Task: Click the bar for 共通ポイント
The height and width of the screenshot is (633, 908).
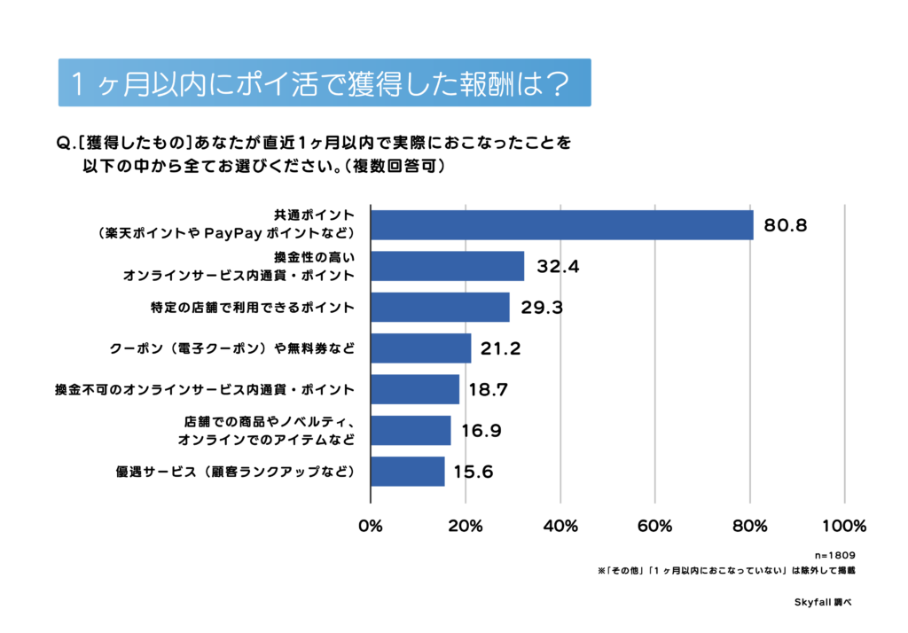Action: (561, 225)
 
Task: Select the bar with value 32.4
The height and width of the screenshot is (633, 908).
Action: (447, 266)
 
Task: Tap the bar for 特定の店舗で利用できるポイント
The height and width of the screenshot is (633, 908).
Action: (440, 308)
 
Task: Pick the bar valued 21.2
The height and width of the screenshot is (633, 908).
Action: (420, 348)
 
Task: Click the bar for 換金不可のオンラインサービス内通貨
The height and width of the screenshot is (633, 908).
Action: (415, 389)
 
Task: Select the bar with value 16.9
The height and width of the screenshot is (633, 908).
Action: (411, 430)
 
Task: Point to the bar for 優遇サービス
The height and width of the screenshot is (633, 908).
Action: (407, 472)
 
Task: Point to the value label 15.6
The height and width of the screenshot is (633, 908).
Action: (474, 472)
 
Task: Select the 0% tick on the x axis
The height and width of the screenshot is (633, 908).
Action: (370, 526)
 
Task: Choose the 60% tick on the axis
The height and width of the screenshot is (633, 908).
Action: (655, 526)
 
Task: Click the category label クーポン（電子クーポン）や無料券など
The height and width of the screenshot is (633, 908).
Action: (232, 348)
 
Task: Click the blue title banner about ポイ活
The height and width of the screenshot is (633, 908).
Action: (324, 83)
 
